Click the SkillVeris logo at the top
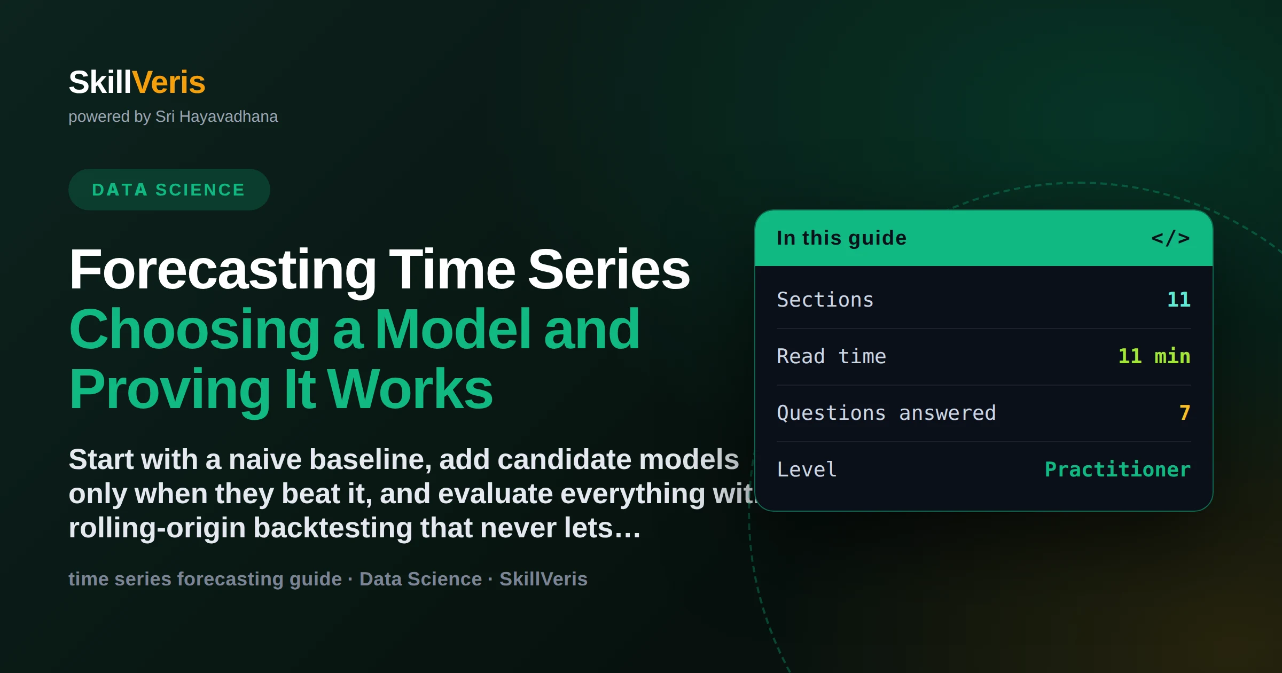[x=137, y=82]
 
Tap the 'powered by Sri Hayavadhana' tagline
[x=173, y=116]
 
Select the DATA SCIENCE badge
[x=169, y=190]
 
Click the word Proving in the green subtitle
[x=170, y=390]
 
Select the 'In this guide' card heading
[x=841, y=238]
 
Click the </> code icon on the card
[x=1170, y=238]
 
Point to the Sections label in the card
[x=825, y=300]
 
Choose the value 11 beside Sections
[x=1179, y=299]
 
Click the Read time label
[x=831, y=356]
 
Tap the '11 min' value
[x=1154, y=356]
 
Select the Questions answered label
[x=886, y=413]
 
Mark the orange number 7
[x=1185, y=412]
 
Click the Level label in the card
[x=807, y=469]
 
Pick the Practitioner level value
[x=1117, y=469]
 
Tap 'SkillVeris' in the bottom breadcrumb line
[x=543, y=579]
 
